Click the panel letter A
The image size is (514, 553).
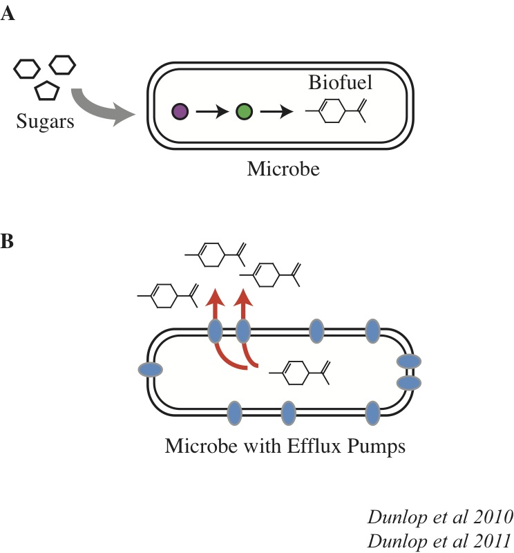(x=8, y=15)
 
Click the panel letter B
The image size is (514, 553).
(x=8, y=243)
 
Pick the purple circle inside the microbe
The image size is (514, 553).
(x=180, y=111)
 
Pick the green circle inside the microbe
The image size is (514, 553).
(x=244, y=111)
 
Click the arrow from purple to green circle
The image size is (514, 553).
(x=211, y=111)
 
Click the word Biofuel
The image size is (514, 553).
(x=339, y=84)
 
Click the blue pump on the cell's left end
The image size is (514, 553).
(x=149, y=370)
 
